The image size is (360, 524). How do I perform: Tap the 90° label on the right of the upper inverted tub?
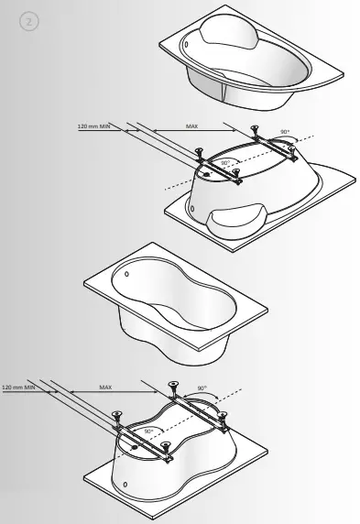click(285, 133)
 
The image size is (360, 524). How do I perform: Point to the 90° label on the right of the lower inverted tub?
click(202, 388)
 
